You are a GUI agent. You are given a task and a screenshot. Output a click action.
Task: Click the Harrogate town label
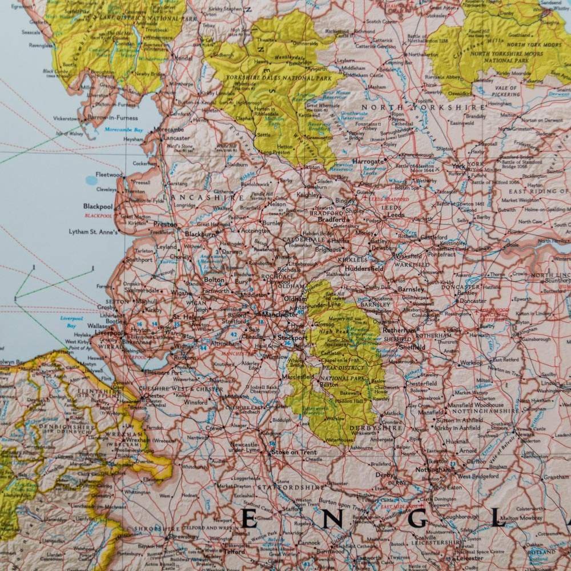coord(368,162)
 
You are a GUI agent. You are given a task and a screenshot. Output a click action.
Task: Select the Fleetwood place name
coord(109,174)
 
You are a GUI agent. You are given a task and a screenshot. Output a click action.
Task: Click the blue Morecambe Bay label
coord(123,129)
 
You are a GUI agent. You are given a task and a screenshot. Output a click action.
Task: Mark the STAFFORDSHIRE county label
coord(286,487)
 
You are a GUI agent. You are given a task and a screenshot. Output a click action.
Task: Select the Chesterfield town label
coord(421,384)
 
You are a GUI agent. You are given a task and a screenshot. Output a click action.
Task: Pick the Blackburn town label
coord(200,234)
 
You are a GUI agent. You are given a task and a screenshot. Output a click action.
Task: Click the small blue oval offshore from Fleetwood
coord(91,180)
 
